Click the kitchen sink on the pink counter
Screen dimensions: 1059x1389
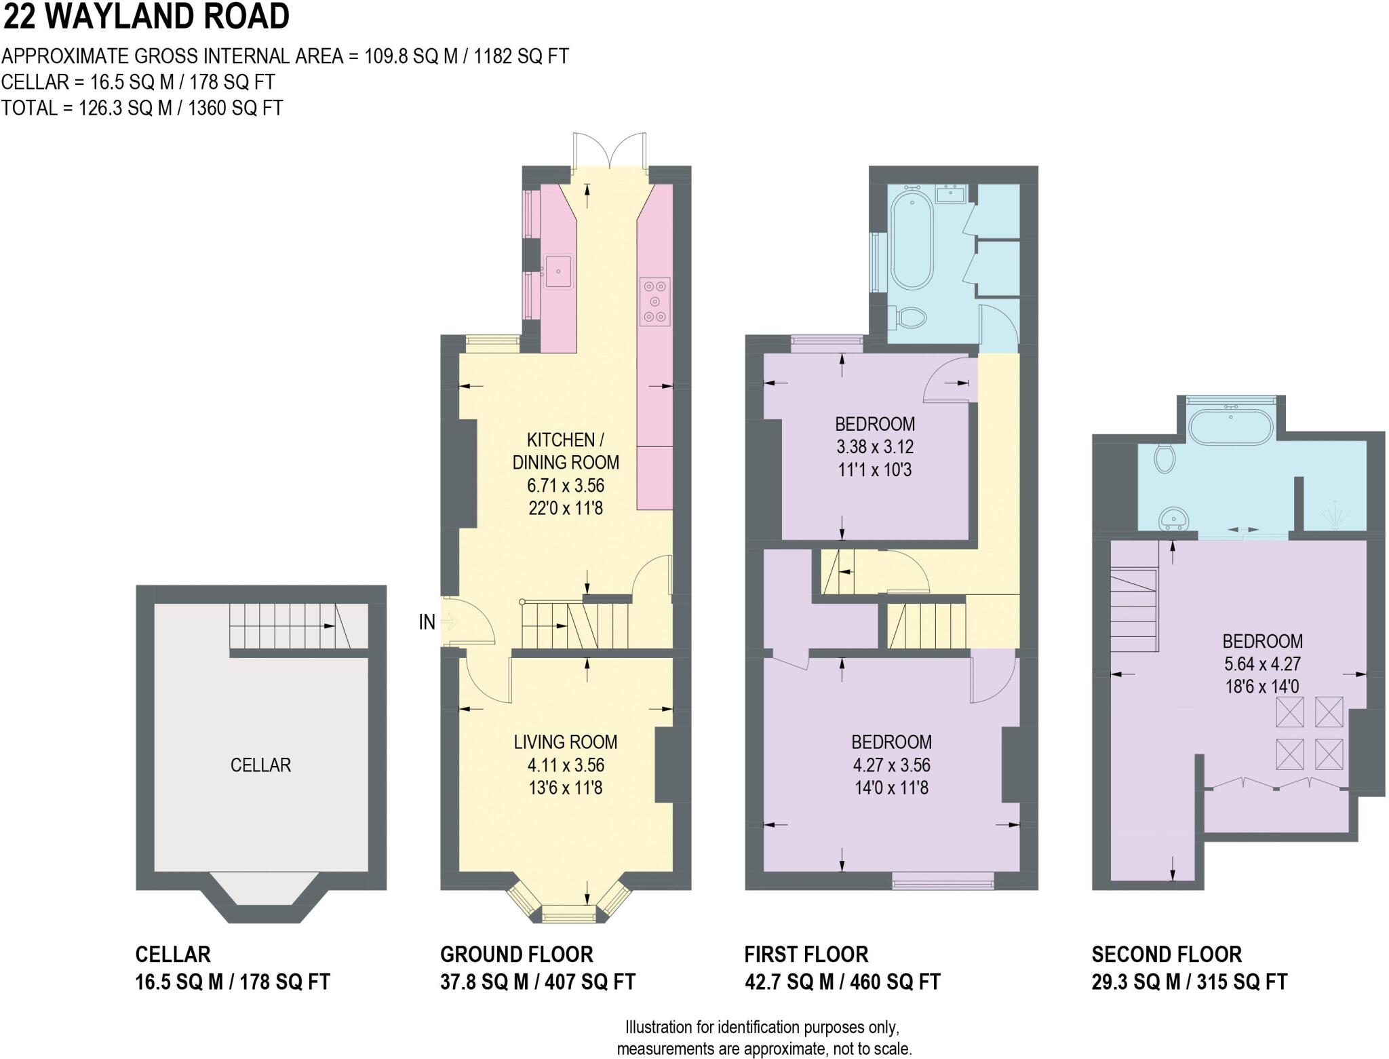pos(559,271)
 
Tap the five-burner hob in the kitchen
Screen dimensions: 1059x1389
pos(654,301)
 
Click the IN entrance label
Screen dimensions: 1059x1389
pos(427,621)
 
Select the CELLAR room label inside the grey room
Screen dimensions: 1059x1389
pos(260,765)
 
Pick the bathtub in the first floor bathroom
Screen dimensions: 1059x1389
pos(912,240)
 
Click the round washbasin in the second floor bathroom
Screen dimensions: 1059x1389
pos(1174,520)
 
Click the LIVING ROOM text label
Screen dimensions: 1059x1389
pos(565,742)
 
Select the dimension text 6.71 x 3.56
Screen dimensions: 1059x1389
pos(565,486)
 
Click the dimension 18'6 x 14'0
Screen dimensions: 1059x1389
pos(1261,687)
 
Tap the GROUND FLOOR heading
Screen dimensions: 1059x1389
pos(516,955)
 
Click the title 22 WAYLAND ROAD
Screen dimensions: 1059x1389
pos(146,16)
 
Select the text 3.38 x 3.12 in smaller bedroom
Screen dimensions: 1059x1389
pos(874,447)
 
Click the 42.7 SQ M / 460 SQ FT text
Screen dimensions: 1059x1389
pos(842,982)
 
